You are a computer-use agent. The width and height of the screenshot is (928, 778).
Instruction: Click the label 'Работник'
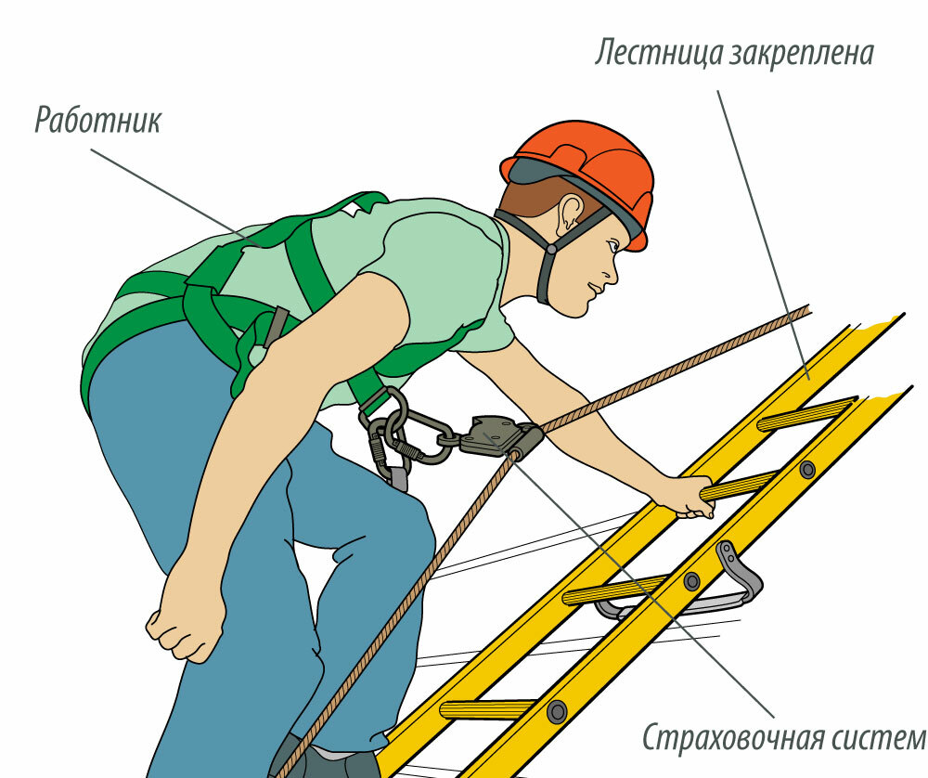pos(97,121)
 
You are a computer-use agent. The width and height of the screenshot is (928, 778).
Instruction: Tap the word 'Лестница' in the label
pos(658,53)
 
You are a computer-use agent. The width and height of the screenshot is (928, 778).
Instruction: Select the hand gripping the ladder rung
pos(687,496)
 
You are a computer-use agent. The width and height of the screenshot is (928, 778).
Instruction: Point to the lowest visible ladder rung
pos(486,708)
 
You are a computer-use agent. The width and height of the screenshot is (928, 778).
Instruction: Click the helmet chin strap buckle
pos(551,249)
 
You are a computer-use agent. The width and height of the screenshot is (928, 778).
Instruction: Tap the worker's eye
pos(612,244)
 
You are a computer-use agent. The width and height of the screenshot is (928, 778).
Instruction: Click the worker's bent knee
pos(414,527)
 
